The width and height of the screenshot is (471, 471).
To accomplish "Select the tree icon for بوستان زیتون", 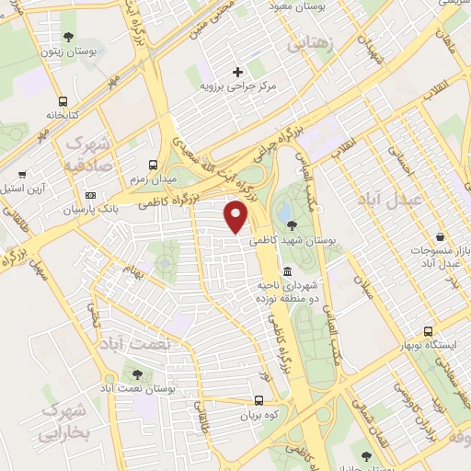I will point(68,37).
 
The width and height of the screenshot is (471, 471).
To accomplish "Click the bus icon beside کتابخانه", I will point(62,101).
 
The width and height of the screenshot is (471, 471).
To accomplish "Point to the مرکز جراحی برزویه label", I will point(238,86).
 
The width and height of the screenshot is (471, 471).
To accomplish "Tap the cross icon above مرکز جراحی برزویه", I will point(238,71).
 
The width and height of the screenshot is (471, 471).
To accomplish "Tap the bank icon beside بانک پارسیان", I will point(90,195).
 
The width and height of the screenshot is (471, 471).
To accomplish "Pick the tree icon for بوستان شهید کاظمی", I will point(292,224).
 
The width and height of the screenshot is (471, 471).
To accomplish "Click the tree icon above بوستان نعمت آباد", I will point(137,374).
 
